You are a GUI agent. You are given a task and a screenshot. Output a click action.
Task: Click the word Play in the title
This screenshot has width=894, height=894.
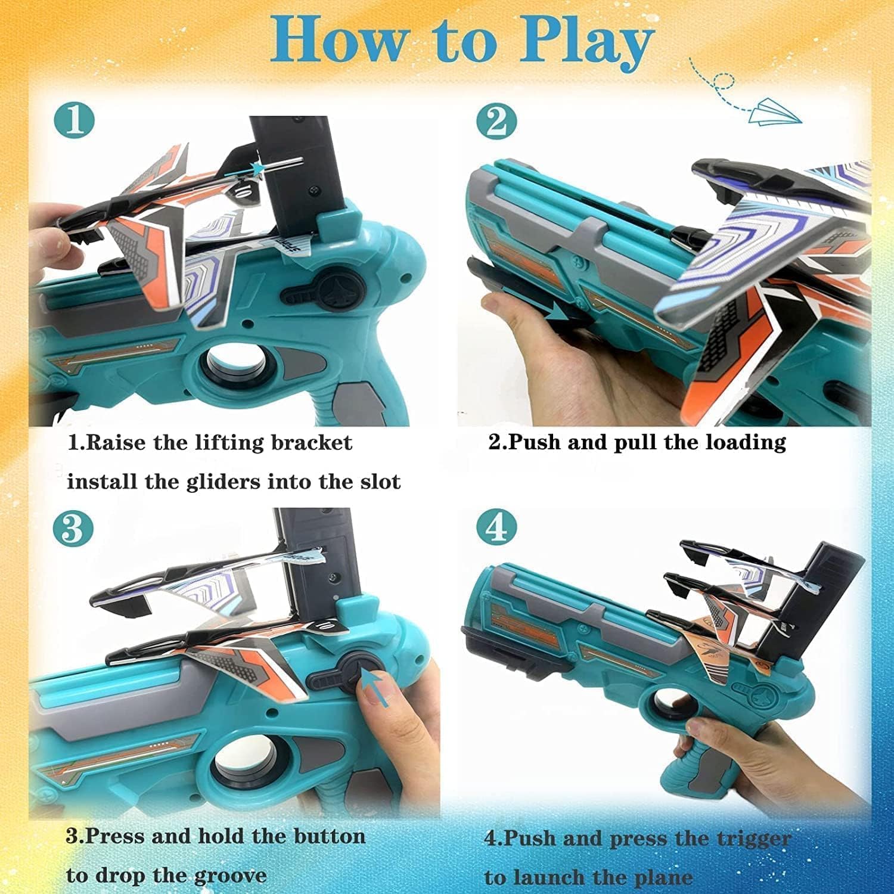pyautogui.click(x=586, y=41)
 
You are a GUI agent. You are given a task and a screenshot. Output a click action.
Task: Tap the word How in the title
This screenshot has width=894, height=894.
pyautogui.click(x=337, y=41)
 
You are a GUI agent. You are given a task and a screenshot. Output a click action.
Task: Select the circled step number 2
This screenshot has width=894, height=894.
pyautogui.click(x=496, y=122)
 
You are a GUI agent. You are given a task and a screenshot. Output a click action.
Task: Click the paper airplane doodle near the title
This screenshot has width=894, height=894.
pyautogui.click(x=775, y=113)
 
